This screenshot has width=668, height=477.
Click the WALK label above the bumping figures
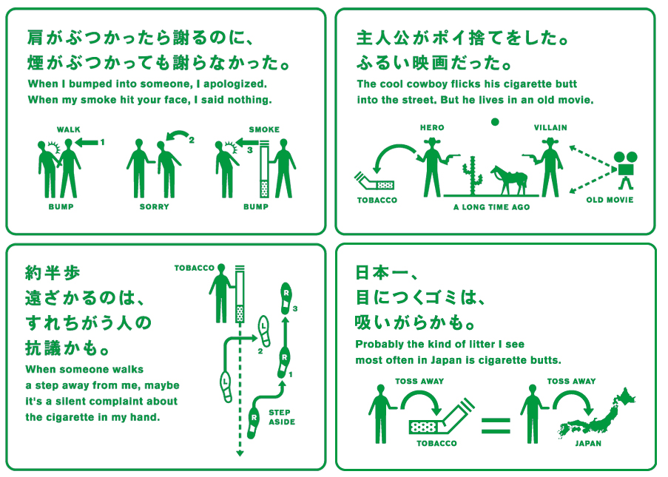[x=69, y=129]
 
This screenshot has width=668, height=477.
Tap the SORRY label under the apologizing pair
[x=154, y=206]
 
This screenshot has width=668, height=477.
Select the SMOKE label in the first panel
[x=264, y=129]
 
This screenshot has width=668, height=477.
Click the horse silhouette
[x=510, y=179]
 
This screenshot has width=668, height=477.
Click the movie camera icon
[x=626, y=169]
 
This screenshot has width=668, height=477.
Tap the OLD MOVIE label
[x=610, y=200]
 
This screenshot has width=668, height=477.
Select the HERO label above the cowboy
[x=432, y=127]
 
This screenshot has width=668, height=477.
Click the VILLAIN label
[x=550, y=127]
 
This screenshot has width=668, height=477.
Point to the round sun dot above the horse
[x=495, y=122]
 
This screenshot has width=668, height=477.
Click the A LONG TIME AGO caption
[x=492, y=207]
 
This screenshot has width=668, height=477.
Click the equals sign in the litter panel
[x=496, y=425]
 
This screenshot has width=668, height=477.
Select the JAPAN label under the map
[x=588, y=443]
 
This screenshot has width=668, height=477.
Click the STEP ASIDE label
[x=282, y=417]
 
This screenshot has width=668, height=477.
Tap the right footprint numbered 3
[x=286, y=298]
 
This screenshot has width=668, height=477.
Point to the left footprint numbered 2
[x=265, y=331]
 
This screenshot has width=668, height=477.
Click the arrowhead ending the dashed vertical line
[x=240, y=453]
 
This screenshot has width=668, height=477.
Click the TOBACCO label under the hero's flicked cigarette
[x=377, y=200]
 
